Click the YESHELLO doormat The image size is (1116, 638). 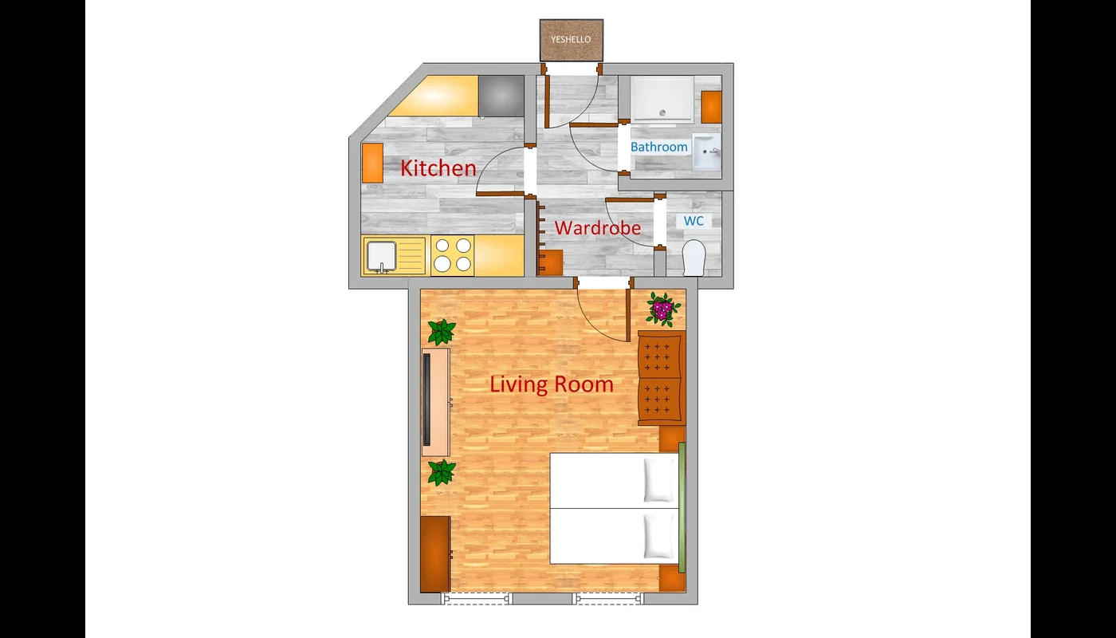(572, 40)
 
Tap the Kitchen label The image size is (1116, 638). (438, 168)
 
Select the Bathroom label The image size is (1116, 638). (658, 147)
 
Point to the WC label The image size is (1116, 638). (694, 221)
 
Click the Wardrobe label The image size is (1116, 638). (597, 228)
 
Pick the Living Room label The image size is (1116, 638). (552, 384)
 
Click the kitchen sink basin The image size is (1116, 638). (382, 256)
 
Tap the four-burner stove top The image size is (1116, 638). (453, 255)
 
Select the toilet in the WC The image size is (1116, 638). (694, 258)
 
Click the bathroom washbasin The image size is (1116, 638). (706, 152)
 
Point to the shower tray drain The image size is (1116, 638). (662, 113)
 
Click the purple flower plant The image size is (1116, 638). (663, 309)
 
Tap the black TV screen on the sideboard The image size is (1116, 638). (426, 400)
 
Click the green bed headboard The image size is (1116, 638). (682, 507)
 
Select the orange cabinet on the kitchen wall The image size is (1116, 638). (372, 163)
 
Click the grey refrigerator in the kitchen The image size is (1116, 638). (501, 96)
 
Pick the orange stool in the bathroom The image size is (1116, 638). (711, 107)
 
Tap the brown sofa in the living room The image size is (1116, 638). (662, 378)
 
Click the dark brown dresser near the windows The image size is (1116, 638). (435, 554)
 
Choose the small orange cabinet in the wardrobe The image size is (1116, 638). (551, 262)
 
